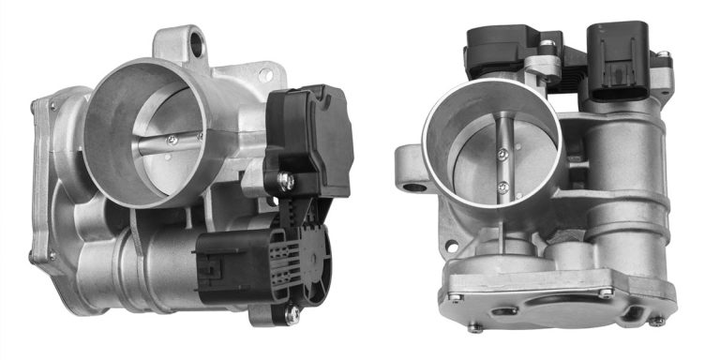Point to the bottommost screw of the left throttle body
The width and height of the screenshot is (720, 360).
293,314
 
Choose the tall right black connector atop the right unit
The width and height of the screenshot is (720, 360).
616,55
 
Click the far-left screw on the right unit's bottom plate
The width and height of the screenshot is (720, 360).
455,297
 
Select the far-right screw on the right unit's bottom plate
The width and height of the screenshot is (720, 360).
657,320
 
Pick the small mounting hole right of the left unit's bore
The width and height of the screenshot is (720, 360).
265,73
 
